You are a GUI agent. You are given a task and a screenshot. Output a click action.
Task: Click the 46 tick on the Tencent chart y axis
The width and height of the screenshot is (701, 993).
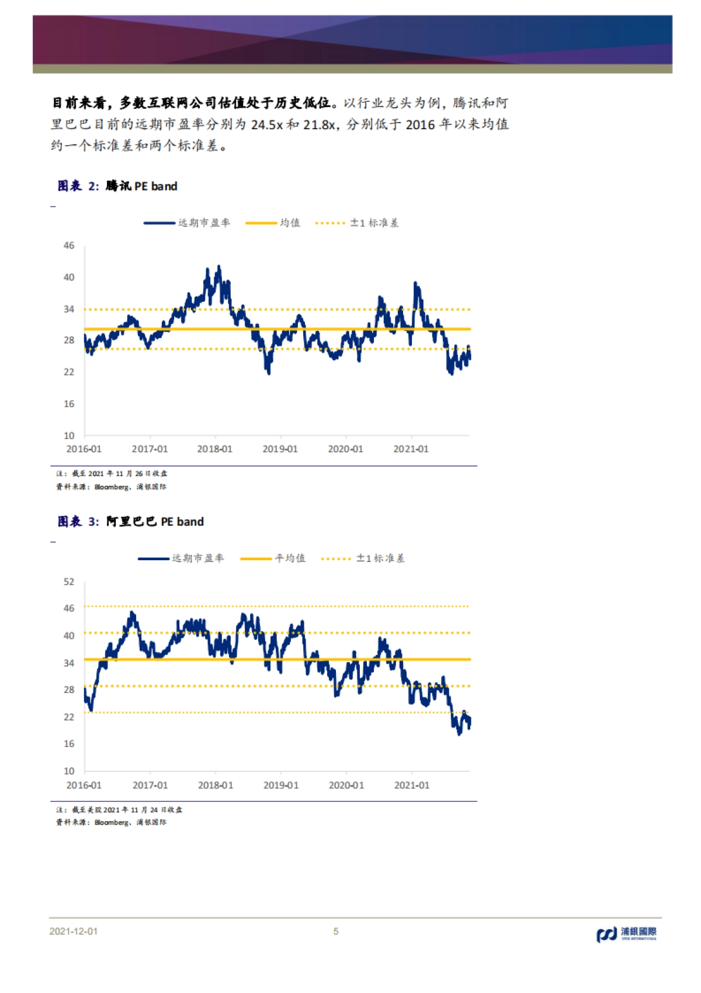tap(69, 246)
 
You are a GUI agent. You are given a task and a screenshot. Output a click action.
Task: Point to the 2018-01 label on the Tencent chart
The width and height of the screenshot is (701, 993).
tap(214, 449)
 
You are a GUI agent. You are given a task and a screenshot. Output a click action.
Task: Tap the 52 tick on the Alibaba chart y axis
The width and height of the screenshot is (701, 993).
tap(69, 582)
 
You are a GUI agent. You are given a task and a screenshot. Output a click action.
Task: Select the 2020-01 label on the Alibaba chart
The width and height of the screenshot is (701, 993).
tap(346, 785)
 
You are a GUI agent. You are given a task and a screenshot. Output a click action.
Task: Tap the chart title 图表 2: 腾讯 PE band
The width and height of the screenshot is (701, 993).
tap(117, 186)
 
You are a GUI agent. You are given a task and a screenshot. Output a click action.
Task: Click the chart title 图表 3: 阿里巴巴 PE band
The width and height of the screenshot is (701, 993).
tap(131, 522)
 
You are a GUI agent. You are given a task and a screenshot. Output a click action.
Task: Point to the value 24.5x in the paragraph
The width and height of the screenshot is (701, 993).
tap(267, 125)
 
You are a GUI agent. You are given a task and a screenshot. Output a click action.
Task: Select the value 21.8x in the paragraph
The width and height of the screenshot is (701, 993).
tap(319, 125)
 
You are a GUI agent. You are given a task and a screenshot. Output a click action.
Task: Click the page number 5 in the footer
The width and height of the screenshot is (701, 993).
tap(336, 932)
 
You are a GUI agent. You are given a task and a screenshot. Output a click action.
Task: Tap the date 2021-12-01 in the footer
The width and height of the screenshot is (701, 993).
tap(74, 932)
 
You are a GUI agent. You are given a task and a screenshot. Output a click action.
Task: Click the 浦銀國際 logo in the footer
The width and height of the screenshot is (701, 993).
tap(626, 933)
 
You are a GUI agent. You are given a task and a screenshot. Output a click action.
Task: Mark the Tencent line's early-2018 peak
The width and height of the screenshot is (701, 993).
tap(219, 267)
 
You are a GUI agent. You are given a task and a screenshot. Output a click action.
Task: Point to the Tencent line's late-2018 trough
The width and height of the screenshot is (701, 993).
tap(269, 373)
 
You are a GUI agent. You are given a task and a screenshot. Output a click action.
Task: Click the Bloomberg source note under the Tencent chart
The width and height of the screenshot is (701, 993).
tap(111, 487)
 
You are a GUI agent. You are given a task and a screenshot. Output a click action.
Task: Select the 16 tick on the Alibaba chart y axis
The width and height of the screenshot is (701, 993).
tap(69, 744)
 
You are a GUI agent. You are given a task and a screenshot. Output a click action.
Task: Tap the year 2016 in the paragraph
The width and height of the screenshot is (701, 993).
tap(421, 125)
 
